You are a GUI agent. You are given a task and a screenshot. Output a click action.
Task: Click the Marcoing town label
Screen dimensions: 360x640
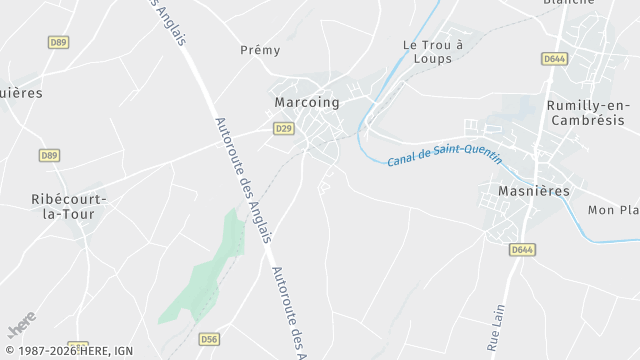307,102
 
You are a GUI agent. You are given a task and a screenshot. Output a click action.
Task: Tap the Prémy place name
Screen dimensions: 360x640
260,50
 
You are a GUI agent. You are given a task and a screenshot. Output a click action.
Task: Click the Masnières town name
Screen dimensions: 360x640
533,190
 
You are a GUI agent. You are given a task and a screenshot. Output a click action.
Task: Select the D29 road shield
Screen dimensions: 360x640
284,128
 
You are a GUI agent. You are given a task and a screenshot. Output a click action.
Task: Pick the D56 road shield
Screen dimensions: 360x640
209,339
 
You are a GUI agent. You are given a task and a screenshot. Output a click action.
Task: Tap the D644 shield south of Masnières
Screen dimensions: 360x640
521,249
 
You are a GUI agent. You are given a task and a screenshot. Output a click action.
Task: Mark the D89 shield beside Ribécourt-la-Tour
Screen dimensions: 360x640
49,155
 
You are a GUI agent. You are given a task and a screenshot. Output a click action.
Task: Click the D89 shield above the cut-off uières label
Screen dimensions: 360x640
59,41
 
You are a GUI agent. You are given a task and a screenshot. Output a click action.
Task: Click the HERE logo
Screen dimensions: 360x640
21,326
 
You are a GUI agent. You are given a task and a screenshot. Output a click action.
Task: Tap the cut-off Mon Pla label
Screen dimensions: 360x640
613,210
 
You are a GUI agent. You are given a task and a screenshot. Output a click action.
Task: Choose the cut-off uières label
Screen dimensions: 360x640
22,93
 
